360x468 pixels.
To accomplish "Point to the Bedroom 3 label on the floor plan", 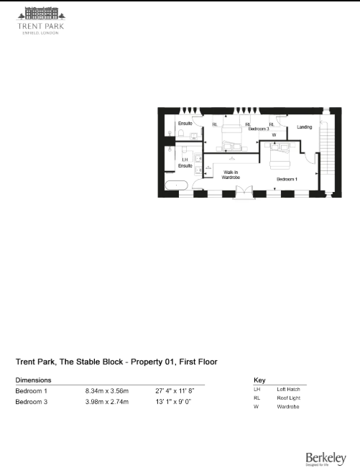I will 259,129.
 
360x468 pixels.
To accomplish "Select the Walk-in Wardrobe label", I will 232,175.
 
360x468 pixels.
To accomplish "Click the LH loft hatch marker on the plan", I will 185,160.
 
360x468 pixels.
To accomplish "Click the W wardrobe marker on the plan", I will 274,134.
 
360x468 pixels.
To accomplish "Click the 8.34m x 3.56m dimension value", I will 107,391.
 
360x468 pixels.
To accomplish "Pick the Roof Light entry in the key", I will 290,398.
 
